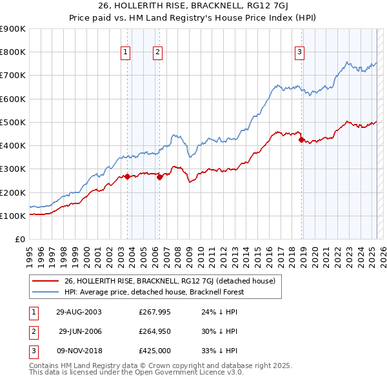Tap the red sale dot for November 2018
point(302,139)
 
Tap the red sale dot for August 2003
point(128,176)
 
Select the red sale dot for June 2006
point(159,177)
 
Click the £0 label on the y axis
point(19,240)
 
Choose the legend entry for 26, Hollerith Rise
point(170,281)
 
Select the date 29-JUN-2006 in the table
point(80,331)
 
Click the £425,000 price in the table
point(155,351)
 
